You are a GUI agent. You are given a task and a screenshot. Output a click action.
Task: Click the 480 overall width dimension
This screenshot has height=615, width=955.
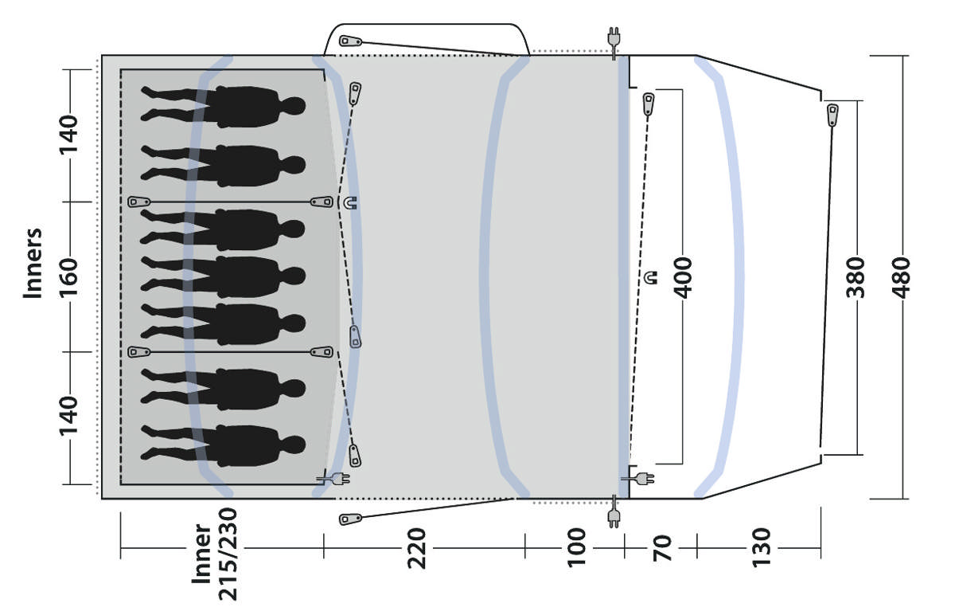pos(901,277)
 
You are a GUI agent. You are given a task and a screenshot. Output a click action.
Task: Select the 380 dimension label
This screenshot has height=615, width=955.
pos(856,277)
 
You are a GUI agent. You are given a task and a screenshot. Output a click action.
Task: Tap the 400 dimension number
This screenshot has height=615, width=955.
pos(683,278)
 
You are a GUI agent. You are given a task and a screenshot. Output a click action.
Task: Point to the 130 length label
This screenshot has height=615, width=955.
pos(762,547)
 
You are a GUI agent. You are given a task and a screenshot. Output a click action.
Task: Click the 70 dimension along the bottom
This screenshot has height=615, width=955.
pos(662,548)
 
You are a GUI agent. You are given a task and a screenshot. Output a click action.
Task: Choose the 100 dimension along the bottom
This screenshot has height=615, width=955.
pos(577,547)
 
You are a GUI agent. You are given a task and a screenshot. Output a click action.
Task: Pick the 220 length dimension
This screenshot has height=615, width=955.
pos(416,548)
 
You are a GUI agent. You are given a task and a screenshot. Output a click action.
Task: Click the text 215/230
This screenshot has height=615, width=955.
pos(228,554)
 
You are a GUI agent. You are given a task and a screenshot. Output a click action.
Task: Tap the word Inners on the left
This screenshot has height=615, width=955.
pos(33,264)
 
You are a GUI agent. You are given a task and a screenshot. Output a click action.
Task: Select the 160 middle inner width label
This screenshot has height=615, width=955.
pos(68,277)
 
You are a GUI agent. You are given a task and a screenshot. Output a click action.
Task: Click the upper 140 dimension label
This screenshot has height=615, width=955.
pos(68,135)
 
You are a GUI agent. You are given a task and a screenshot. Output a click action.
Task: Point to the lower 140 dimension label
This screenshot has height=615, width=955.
pos(68,416)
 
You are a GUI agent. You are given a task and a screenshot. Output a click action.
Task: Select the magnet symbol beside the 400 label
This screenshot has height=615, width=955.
pos(652,277)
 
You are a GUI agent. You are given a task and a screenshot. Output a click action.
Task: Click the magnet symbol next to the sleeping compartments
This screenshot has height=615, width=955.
pos(350,202)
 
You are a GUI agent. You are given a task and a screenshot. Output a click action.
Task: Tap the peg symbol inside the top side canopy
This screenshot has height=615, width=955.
pos(350,41)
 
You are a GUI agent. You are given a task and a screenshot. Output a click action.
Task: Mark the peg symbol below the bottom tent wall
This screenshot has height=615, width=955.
pos(350,519)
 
